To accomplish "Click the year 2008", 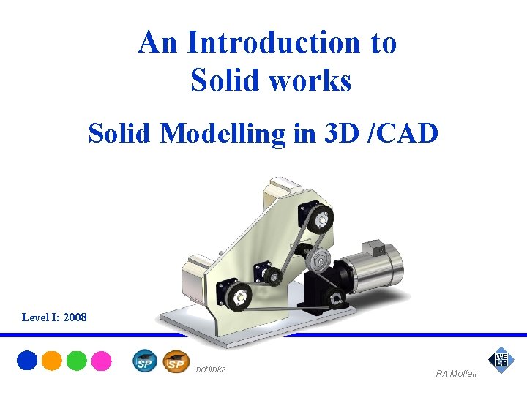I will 75,317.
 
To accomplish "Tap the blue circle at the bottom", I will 27,361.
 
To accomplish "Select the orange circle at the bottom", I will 52,361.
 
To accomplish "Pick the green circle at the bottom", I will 76,361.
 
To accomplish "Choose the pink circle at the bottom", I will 101,361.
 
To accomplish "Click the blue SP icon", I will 145,361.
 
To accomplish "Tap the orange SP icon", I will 176,361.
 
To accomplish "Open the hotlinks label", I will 211,369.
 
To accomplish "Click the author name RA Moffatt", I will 456,374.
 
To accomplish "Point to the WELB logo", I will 501,360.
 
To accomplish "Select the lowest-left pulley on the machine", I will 238,296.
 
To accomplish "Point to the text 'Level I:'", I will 41,317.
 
